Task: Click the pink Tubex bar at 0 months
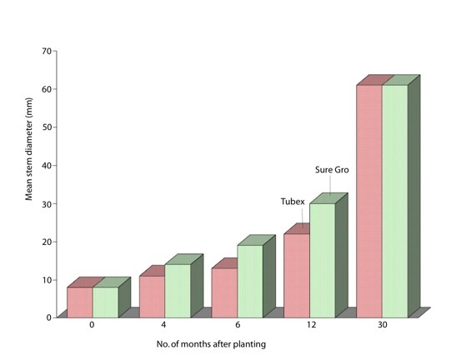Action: pyautogui.click(x=80, y=302)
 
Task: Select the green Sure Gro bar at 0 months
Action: pyautogui.click(x=106, y=302)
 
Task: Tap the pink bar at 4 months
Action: pyautogui.click(x=152, y=297)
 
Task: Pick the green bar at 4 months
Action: pyautogui.click(x=178, y=291)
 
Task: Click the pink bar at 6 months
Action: pyautogui.click(x=224, y=293)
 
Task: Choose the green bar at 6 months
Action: pyautogui.click(x=250, y=282)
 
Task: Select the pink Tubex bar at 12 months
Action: pyautogui.click(x=297, y=276)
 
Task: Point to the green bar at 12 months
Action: pyautogui.click(x=323, y=261)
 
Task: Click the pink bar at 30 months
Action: pyautogui.click(x=369, y=202)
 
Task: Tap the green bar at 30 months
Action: pyautogui.click(x=395, y=202)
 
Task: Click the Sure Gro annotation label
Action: pyautogui.click(x=332, y=170)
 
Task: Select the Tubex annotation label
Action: pyautogui.click(x=293, y=202)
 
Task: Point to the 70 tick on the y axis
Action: pyautogui.click(x=47, y=51)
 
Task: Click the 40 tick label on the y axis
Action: pyautogui.click(x=47, y=166)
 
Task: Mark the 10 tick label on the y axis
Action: pyautogui.click(x=47, y=280)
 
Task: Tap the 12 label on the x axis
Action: pyautogui.click(x=311, y=324)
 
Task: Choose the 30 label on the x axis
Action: pyautogui.click(x=383, y=324)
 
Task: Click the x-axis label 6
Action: pyautogui.click(x=238, y=324)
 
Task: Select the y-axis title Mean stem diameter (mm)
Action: pyautogui.click(x=28, y=149)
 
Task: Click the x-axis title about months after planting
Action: pyautogui.click(x=211, y=344)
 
